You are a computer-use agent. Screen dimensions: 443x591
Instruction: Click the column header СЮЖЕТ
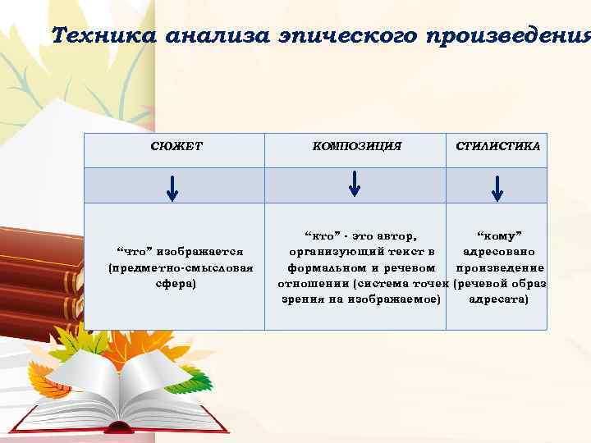point(173,146)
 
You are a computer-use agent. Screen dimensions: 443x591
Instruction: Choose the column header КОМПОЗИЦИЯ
point(357,146)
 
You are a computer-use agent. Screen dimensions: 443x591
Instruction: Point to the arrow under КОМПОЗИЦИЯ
point(354,183)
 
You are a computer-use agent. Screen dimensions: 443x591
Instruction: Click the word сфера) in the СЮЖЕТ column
point(175,283)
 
